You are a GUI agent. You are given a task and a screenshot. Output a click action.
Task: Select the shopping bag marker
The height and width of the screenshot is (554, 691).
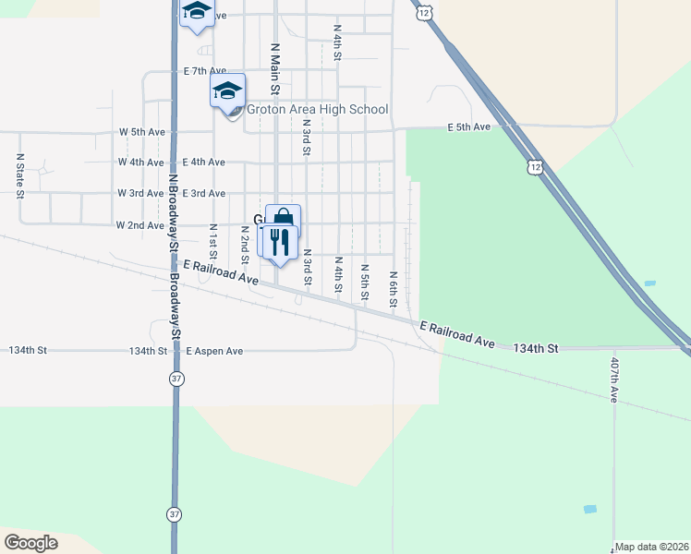[284, 221]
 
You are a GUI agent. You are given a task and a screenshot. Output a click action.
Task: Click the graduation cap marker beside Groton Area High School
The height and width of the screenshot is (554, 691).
[227, 91]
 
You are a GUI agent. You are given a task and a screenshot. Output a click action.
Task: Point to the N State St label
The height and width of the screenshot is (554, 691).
[19, 175]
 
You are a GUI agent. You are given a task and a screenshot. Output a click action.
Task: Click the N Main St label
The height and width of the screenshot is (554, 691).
[274, 67]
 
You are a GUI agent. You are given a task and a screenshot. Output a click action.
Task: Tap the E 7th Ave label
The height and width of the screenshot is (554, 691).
[204, 71]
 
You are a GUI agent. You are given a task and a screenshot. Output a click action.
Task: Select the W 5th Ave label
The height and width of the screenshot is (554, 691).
[141, 132]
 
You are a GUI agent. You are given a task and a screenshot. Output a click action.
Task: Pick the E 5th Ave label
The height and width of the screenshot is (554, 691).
[468, 126]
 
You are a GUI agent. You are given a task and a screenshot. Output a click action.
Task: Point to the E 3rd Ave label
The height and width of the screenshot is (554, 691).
[204, 193]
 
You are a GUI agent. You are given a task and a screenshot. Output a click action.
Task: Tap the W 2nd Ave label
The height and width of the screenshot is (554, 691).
[139, 224]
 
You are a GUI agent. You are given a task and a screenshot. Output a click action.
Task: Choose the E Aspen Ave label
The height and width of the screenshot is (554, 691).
[214, 351]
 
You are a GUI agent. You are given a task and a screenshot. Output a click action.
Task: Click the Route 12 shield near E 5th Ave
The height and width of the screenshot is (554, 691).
[535, 167]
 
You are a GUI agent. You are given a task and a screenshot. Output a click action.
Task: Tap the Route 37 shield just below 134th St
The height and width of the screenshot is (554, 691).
[175, 379]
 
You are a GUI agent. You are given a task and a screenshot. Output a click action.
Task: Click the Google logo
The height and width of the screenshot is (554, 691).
[30, 542]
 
